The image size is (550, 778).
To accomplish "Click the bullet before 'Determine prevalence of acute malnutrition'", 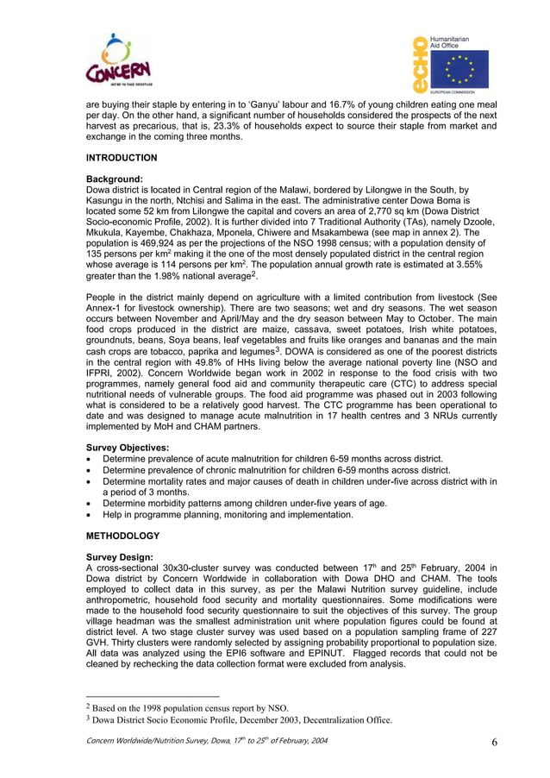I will point(90,460).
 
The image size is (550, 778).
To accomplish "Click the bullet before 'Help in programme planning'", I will point(90,515).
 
